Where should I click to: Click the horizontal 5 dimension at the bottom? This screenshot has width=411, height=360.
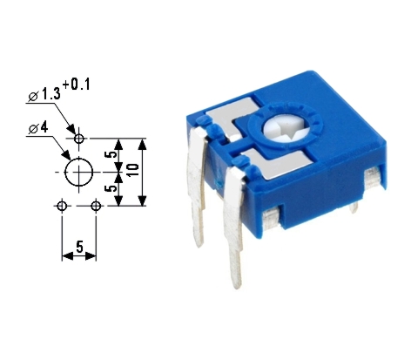(79, 247)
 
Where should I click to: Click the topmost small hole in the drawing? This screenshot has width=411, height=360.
(79, 139)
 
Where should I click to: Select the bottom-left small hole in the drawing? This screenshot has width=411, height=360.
(62, 206)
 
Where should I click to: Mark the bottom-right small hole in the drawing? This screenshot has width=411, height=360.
(96, 206)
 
